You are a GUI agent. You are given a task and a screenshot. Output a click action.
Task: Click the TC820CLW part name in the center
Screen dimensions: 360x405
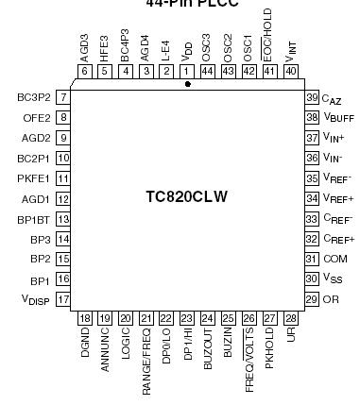(x=187, y=197)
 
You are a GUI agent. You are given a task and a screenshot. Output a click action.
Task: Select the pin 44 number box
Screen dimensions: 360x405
(x=207, y=70)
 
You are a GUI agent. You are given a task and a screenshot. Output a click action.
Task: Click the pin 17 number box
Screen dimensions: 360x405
(x=63, y=299)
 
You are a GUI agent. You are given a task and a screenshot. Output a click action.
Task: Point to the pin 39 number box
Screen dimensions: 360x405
(x=311, y=98)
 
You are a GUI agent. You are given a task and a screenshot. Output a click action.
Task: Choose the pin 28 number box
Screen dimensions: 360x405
(x=290, y=318)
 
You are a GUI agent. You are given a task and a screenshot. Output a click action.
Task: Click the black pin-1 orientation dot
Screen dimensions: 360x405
(x=187, y=85)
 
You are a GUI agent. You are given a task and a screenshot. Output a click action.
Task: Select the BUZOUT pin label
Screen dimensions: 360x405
(x=207, y=351)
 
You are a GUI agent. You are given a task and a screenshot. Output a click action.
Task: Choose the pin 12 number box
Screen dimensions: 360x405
(x=63, y=198)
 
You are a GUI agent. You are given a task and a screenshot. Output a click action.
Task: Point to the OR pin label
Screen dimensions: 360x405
(x=330, y=299)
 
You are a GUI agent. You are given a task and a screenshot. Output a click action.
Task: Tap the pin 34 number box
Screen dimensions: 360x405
(x=311, y=198)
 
